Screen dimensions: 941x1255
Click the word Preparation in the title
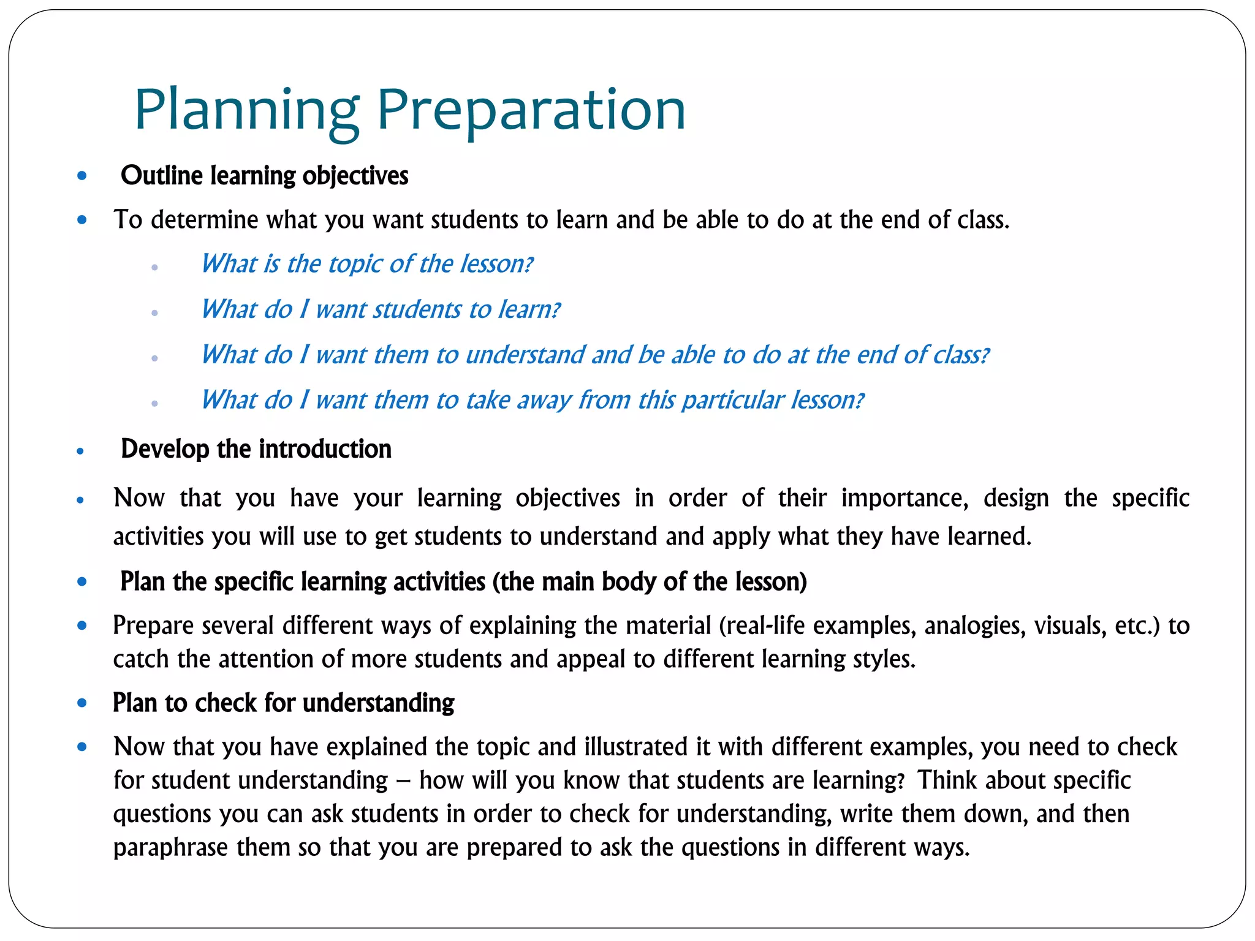(531, 110)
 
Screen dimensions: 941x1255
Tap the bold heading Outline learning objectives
(264, 176)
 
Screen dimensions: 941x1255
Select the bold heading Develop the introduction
(256, 449)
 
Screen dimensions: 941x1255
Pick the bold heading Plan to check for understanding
(283, 703)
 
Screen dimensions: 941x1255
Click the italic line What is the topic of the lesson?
(367, 264)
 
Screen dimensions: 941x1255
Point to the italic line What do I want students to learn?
(380, 309)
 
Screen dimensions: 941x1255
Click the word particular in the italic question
(733, 400)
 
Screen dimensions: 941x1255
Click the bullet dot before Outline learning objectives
(82, 176)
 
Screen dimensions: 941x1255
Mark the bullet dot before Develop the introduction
(80, 452)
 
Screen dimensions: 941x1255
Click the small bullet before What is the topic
(154, 267)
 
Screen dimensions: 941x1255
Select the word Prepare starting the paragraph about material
(153, 625)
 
